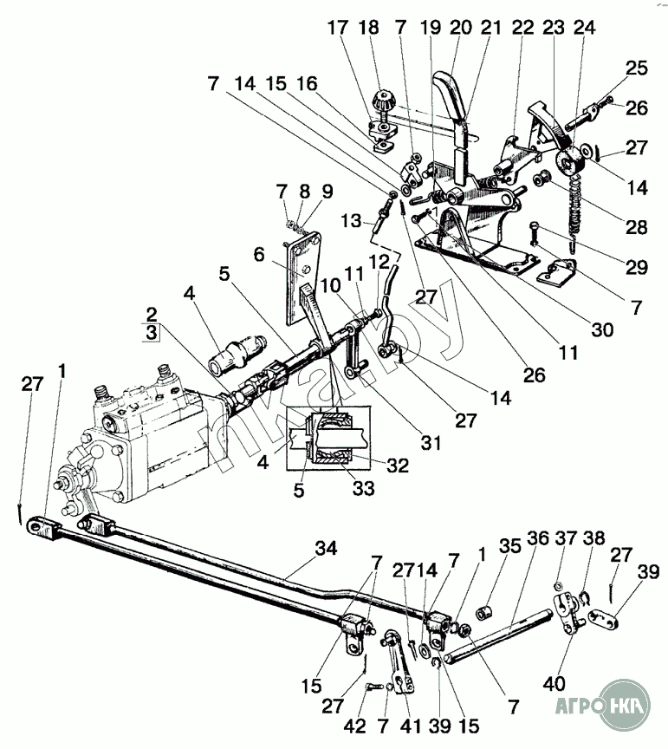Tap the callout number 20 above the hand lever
coord(460,28)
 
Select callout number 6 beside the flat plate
coord(257,254)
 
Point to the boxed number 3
coord(151,332)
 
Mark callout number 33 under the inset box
coord(362,488)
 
